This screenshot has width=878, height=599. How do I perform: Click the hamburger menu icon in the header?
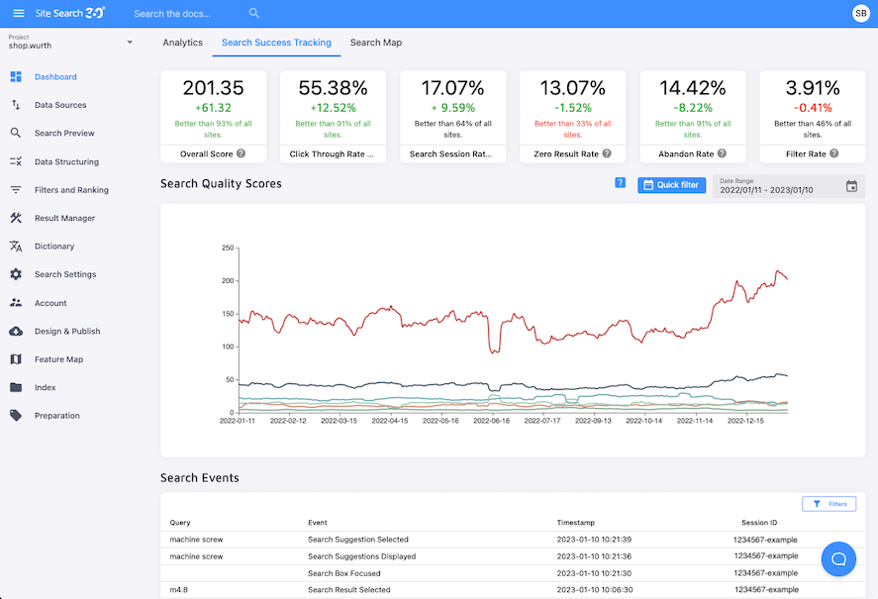[18, 13]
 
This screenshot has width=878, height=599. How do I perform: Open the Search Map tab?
[375, 43]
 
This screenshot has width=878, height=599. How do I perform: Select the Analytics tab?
[182, 43]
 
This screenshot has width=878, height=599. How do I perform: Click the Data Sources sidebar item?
[59, 105]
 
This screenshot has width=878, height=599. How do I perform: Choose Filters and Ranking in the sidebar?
[71, 190]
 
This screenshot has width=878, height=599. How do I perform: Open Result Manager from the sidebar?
[63, 218]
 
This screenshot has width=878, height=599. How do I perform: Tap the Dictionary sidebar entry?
[54, 247]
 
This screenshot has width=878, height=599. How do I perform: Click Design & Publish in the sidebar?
[67, 332]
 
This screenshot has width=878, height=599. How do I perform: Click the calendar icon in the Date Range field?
[851, 186]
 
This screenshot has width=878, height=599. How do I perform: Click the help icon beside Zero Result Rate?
[607, 154]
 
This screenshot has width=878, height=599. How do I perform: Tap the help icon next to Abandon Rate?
[723, 154]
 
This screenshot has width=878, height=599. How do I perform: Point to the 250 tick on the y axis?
[227, 248]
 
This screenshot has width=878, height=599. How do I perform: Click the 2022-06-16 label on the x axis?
[492, 421]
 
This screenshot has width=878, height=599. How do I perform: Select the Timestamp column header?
[575, 523]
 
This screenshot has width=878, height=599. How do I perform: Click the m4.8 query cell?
[178, 590]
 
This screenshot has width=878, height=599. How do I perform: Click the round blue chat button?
[838, 559]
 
